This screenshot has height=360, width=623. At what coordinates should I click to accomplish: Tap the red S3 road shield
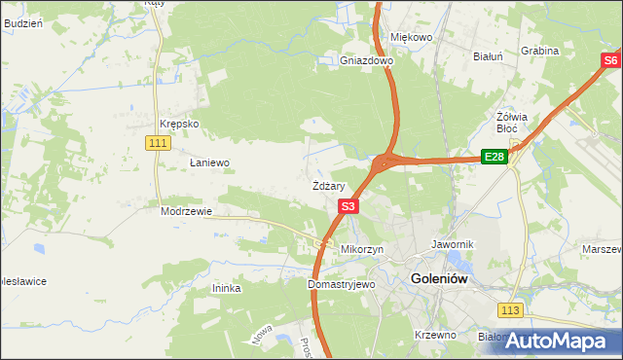(x=349, y=206)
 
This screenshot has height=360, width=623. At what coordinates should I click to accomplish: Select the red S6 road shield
(x=609, y=61)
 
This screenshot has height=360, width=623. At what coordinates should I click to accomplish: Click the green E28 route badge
(x=495, y=158)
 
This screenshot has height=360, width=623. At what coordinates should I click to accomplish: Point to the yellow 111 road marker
(x=160, y=143)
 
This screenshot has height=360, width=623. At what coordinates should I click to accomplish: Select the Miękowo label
(x=411, y=37)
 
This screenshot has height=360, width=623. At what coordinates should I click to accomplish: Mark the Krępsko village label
(x=179, y=125)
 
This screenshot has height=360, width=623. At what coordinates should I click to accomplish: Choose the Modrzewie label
(x=186, y=210)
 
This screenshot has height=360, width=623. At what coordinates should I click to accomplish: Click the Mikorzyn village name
(x=361, y=249)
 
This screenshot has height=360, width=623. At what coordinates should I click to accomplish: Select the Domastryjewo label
(x=341, y=285)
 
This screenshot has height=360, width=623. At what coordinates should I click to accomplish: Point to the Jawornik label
(x=451, y=244)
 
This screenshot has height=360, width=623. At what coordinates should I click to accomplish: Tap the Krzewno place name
(x=435, y=335)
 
